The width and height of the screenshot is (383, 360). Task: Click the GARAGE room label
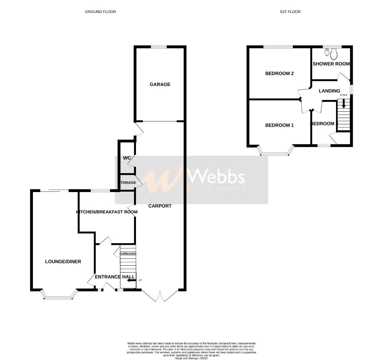[160, 84]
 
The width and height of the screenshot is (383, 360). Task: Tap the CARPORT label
[160, 206]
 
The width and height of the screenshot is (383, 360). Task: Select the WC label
[127, 158]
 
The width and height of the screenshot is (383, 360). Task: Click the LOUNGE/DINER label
[63, 262]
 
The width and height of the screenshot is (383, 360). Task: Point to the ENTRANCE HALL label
[115, 277]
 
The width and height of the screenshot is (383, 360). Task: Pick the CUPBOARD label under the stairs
[128, 254]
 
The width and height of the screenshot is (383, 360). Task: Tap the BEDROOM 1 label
[279, 125]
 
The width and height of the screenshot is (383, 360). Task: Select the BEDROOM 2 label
[279, 73]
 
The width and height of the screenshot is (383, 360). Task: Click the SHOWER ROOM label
[331, 64]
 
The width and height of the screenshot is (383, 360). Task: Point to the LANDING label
[329, 91]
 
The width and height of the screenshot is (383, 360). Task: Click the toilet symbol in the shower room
[334, 54]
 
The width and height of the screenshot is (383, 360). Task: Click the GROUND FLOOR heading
[100, 12]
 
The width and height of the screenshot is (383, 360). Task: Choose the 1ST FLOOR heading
[290, 12]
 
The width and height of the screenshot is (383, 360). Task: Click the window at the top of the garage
[159, 47]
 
